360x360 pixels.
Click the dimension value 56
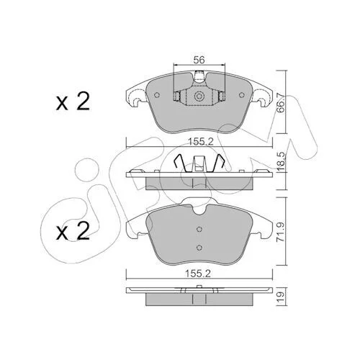[199, 60]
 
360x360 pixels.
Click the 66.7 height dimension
[281, 103]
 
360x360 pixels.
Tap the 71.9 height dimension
[281, 232]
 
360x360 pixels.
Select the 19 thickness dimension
[281, 297]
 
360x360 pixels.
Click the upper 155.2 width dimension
[201, 142]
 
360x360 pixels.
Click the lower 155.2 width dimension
[198, 274]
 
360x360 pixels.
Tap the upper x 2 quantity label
[73, 102]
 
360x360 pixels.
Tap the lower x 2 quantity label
[73, 231]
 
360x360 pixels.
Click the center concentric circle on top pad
[199, 96]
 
